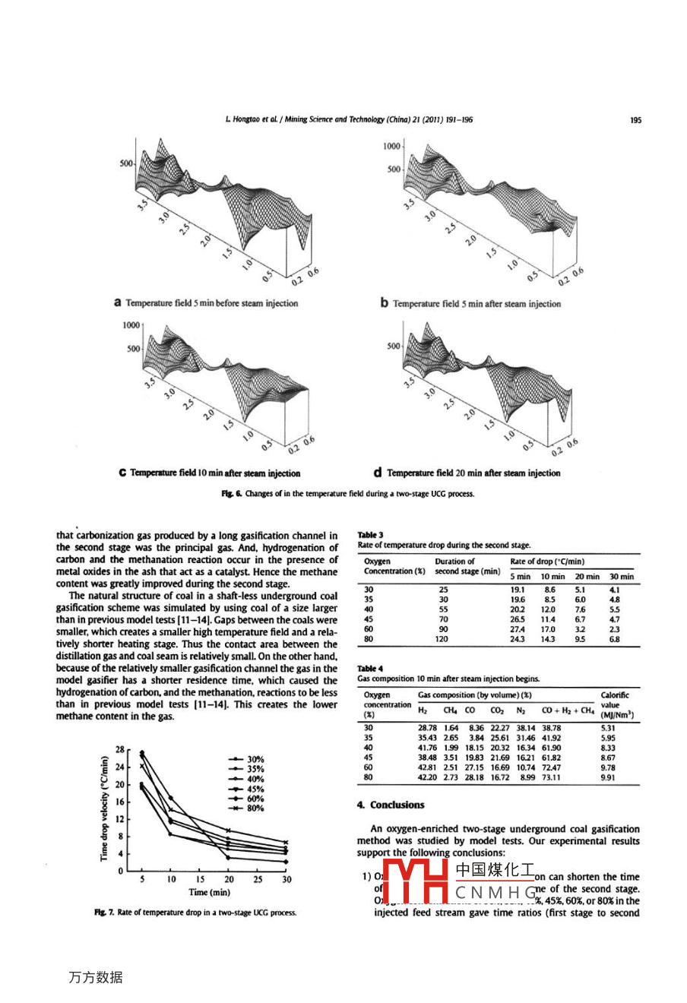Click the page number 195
pyautogui.click(x=635, y=119)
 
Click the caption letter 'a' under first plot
pyautogui.click(x=118, y=302)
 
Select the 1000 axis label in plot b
pyautogui.click(x=391, y=147)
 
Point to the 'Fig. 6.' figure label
pyautogui.click(x=231, y=494)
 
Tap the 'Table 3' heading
pyautogui.click(x=370, y=535)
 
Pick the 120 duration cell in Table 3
pyautogui.click(x=442, y=639)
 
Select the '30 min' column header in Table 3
pyautogui.click(x=621, y=577)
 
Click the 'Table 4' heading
pyautogui.click(x=370, y=669)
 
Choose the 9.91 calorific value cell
pyautogui.click(x=608, y=777)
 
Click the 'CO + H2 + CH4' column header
pyautogui.click(x=568, y=710)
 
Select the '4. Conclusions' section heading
pyautogui.click(x=391, y=805)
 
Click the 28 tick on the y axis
pyautogui.click(x=119, y=749)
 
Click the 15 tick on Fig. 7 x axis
pyautogui.click(x=200, y=879)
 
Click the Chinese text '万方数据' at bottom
pyautogui.click(x=95, y=977)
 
